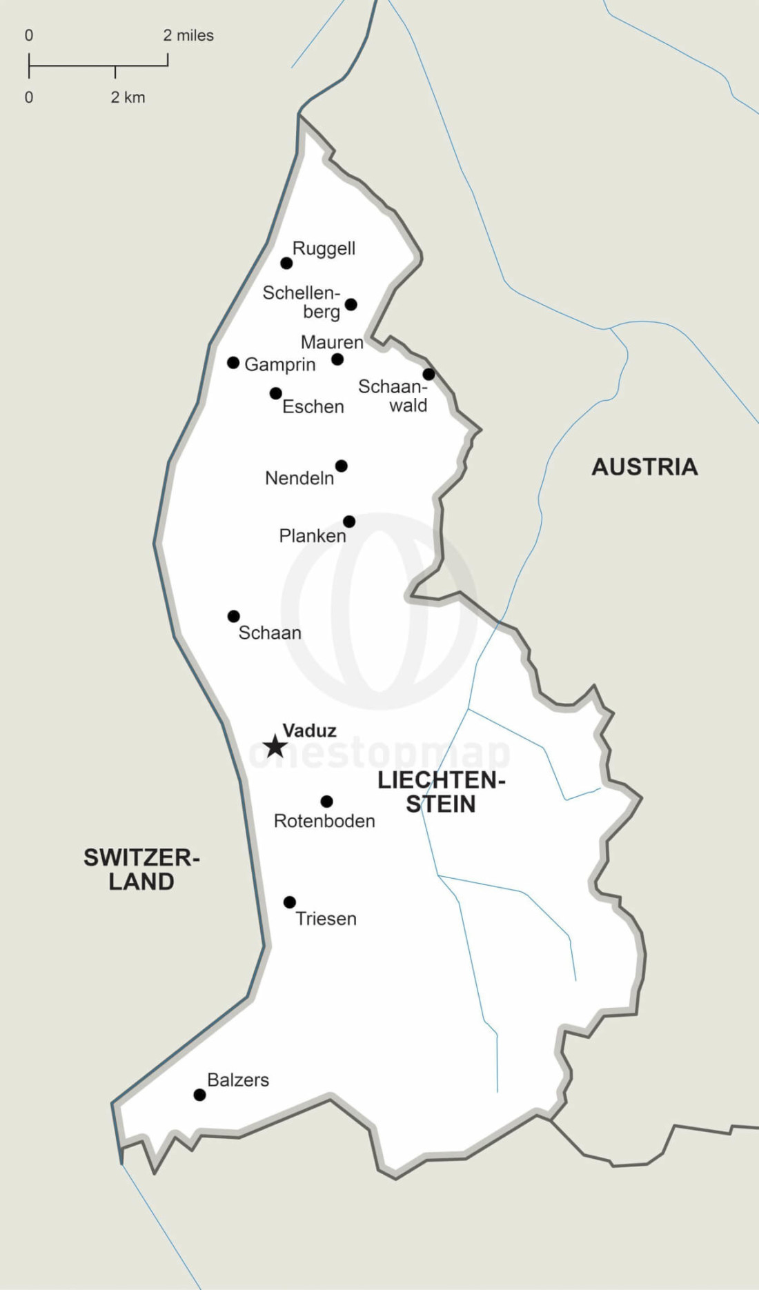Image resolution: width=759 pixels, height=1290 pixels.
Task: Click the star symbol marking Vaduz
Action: pyautogui.click(x=275, y=746)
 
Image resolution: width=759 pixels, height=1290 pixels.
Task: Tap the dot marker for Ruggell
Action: pyautogui.click(x=286, y=263)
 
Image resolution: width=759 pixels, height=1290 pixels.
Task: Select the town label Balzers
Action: pyautogui.click(x=238, y=1080)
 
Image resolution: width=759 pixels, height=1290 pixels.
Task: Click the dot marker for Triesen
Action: pyautogui.click(x=290, y=902)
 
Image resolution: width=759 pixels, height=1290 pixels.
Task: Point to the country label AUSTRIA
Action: pyautogui.click(x=644, y=467)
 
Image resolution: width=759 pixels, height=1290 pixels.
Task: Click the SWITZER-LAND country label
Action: pyautogui.click(x=141, y=869)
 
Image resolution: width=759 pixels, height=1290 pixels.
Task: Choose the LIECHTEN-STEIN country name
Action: pyautogui.click(x=441, y=792)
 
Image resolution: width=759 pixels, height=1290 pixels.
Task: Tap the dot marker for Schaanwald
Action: pyautogui.click(x=428, y=375)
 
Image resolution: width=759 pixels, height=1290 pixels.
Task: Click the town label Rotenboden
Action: pyautogui.click(x=324, y=821)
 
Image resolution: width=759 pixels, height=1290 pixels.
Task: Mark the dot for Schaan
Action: pyautogui.click(x=234, y=616)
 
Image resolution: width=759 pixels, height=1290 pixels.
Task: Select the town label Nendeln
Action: pyautogui.click(x=299, y=478)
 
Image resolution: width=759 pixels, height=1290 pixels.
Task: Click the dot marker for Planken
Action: pyautogui.click(x=349, y=522)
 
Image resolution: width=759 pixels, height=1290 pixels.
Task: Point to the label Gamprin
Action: pyautogui.click(x=279, y=364)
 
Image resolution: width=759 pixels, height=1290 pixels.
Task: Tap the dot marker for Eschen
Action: pyautogui.click(x=275, y=393)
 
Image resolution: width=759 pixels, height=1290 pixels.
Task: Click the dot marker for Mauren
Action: pyautogui.click(x=337, y=359)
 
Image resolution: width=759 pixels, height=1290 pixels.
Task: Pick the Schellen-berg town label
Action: pyautogui.click(x=302, y=302)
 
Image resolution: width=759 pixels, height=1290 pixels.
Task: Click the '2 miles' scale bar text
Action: pyautogui.click(x=188, y=35)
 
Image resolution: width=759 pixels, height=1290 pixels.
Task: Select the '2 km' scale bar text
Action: pyautogui.click(x=128, y=97)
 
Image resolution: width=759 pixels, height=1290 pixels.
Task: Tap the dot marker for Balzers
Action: pyautogui.click(x=199, y=1095)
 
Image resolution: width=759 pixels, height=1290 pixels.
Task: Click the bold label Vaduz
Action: pyautogui.click(x=309, y=730)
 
